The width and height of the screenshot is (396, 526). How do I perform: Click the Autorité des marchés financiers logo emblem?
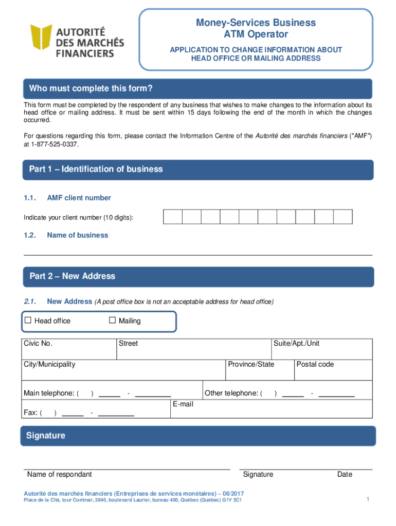(41, 41)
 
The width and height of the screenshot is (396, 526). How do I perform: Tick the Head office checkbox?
(28, 321)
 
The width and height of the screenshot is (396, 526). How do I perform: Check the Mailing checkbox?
(113, 321)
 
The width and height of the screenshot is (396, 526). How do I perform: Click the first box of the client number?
(173, 217)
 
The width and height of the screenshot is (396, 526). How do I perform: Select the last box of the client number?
(343, 217)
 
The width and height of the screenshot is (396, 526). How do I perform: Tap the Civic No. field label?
(38, 344)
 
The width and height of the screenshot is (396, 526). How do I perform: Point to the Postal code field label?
(315, 364)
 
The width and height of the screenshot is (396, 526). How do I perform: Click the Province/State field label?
(251, 364)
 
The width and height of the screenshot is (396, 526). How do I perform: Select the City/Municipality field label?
(49, 364)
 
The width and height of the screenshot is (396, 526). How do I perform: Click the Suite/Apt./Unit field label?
(297, 344)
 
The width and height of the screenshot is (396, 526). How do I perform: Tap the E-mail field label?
(183, 404)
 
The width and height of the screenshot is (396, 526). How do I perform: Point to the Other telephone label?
(231, 393)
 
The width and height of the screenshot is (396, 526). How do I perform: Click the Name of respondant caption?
(60, 474)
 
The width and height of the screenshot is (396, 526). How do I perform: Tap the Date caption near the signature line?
(345, 474)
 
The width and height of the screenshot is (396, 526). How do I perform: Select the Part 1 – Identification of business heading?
(96, 169)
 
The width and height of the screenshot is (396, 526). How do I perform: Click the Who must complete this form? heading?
(91, 89)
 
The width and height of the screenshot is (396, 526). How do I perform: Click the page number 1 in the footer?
(368, 499)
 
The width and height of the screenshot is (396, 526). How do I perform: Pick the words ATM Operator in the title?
(256, 34)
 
